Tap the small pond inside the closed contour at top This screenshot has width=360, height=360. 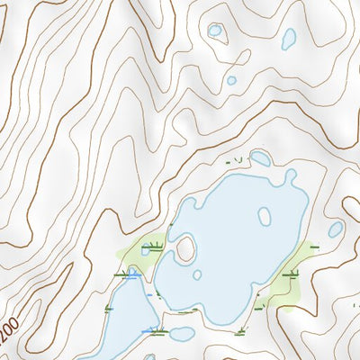[x=215, y=31]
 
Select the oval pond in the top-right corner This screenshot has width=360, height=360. [x=288, y=39]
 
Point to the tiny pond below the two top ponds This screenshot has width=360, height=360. [x=231, y=80]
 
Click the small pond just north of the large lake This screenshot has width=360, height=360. [x=260, y=159]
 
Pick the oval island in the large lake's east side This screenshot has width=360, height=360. [x=265, y=217]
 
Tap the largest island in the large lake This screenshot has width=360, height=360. [x=186, y=247]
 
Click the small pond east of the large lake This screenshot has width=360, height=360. [x=335, y=229]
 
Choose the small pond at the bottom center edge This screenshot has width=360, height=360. [x=182, y=334]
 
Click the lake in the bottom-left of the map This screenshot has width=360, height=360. [x=126, y=319]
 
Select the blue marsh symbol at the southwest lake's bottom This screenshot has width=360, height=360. [x=149, y=332]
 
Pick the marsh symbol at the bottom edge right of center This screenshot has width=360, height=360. [x=241, y=333]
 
